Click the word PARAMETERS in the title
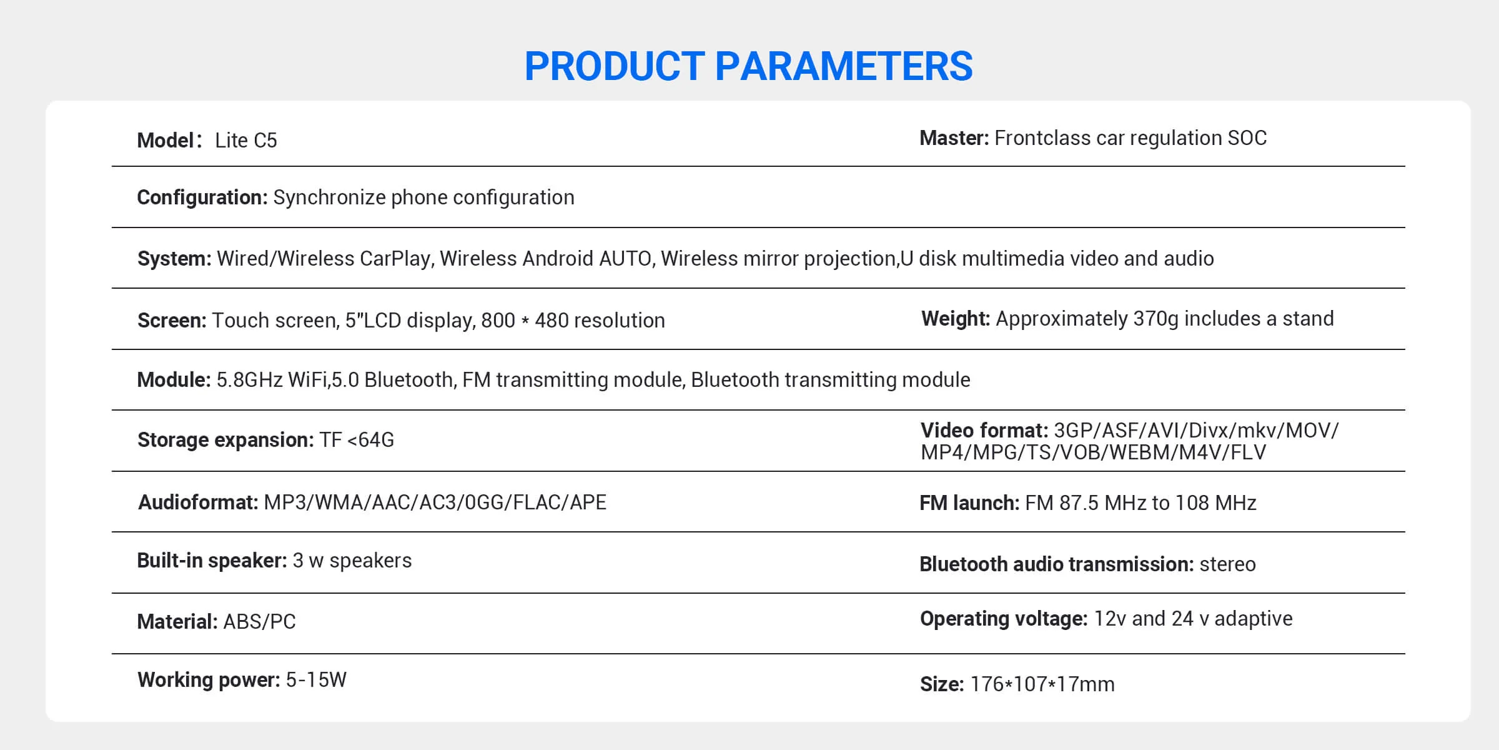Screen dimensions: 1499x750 click(x=843, y=66)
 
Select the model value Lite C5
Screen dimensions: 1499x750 click(x=246, y=140)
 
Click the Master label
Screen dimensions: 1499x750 click(x=954, y=137)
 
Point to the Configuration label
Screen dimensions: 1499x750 click(x=202, y=197)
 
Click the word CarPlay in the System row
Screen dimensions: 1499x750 click(x=396, y=259)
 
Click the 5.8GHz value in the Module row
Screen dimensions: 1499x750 click(x=249, y=380)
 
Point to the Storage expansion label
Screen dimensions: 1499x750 click(x=225, y=440)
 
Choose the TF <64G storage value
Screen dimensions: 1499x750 click(x=357, y=440)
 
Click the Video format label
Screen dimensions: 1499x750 click(x=984, y=431)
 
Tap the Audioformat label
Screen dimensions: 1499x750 click(x=198, y=502)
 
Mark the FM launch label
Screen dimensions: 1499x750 click(x=969, y=503)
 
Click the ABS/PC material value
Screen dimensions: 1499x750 click(x=259, y=622)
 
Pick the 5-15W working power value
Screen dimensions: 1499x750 click(x=316, y=680)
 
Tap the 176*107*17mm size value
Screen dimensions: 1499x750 click(x=1042, y=684)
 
